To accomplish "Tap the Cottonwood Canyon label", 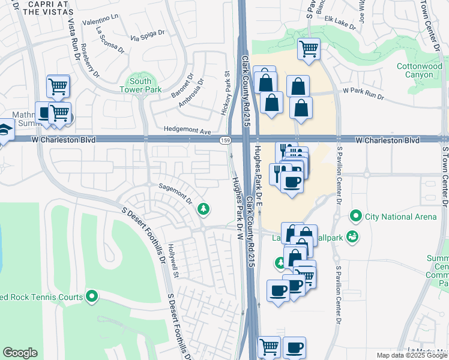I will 423,70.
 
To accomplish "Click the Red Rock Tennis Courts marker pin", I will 92,296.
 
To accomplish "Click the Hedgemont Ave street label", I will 188,130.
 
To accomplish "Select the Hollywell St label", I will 173,264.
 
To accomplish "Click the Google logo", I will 20,353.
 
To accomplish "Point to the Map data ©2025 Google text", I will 411,355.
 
